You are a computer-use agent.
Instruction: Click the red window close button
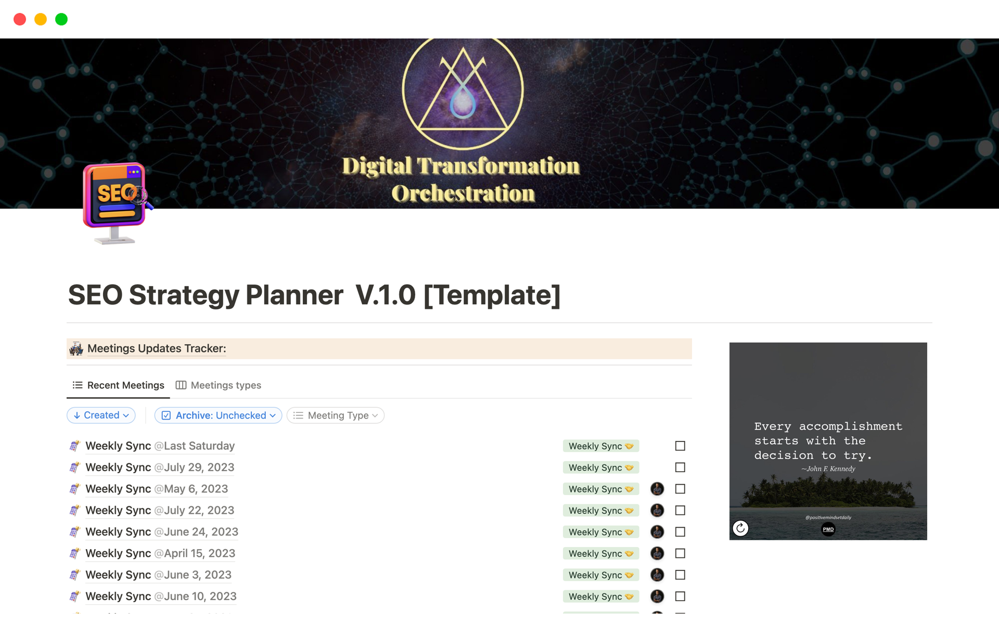(x=20, y=19)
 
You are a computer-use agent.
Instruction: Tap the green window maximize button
(x=61, y=19)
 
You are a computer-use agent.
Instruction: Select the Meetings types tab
(x=219, y=385)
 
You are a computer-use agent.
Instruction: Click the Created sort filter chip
(x=101, y=415)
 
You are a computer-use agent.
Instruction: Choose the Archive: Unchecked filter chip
(x=219, y=415)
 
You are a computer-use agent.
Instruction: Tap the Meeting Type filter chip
(x=336, y=415)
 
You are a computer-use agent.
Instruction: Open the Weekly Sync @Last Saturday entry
(x=160, y=446)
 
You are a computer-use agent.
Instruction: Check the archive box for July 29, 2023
(x=680, y=467)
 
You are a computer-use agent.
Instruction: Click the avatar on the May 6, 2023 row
(x=657, y=489)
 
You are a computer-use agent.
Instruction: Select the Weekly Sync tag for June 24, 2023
(x=601, y=532)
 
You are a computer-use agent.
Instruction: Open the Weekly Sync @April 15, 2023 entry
(x=160, y=553)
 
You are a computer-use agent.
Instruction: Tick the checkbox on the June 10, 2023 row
(x=680, y=596)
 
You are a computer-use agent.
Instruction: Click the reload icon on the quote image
(x=740, y=528)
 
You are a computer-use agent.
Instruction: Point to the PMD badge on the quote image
(x=828, y=529)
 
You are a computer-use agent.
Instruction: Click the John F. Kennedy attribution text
(x=828, y=469)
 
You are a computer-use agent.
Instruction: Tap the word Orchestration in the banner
(x=463, y=193)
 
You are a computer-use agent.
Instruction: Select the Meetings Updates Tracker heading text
(x=157, y=348)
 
